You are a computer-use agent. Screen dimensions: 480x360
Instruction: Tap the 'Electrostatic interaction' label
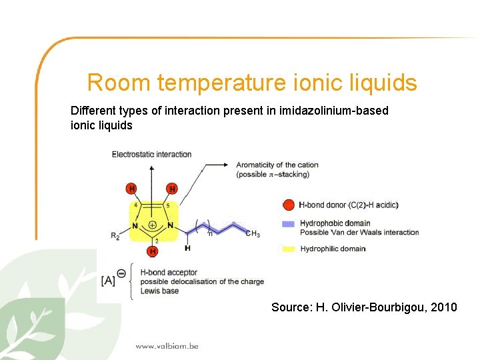151,155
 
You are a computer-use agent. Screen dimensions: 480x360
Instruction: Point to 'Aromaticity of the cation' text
277,165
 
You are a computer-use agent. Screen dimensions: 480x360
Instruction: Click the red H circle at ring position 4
132,189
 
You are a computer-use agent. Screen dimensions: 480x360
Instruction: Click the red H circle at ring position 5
172,189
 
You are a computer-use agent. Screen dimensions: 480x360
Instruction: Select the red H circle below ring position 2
153,251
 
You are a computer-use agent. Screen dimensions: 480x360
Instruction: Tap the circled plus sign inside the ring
153,225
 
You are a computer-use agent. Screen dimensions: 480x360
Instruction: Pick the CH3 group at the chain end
253,233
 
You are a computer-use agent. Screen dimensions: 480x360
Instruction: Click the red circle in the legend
289,205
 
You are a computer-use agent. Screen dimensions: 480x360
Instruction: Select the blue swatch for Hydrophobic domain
288,223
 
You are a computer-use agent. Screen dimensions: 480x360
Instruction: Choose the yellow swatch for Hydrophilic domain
288,249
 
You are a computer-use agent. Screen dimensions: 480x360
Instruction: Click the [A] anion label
108,281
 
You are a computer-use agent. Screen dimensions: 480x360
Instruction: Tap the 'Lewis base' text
160,291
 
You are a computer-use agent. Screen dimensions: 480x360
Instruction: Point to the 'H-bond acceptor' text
169,272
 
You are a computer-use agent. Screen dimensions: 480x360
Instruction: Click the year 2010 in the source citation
444,307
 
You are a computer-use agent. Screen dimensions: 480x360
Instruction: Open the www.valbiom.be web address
167,346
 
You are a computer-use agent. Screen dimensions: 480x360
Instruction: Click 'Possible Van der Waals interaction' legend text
359,233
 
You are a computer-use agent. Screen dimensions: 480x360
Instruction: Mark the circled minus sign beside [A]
121,273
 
